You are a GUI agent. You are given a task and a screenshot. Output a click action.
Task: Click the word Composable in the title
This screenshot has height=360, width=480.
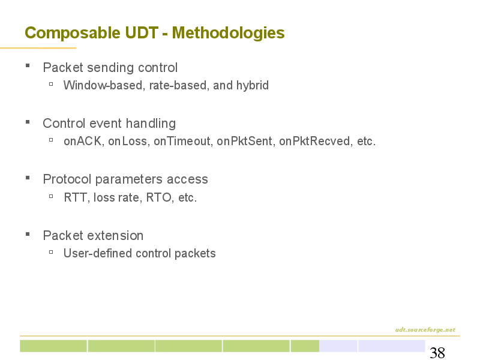click(73, 33)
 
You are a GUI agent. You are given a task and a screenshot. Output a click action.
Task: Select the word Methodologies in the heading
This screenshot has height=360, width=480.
click(229, 33)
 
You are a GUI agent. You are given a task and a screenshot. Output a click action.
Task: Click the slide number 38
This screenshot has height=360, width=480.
click(437, 353)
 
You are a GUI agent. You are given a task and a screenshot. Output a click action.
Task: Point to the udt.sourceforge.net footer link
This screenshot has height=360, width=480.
click(425, 329)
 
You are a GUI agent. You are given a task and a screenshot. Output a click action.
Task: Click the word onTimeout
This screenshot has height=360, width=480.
click(182, 141)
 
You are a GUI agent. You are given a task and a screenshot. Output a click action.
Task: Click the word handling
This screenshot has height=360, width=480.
click(151, 124)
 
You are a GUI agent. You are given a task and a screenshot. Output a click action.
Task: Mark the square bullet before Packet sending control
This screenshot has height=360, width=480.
click(28, 65)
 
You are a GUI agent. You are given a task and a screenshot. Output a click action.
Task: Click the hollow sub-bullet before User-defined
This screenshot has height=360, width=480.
click(51, 252)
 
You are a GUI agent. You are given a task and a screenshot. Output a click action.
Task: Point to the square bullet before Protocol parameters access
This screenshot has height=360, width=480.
click(28, 177)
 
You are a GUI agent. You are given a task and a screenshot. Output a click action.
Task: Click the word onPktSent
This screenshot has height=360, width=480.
click(245, 141)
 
